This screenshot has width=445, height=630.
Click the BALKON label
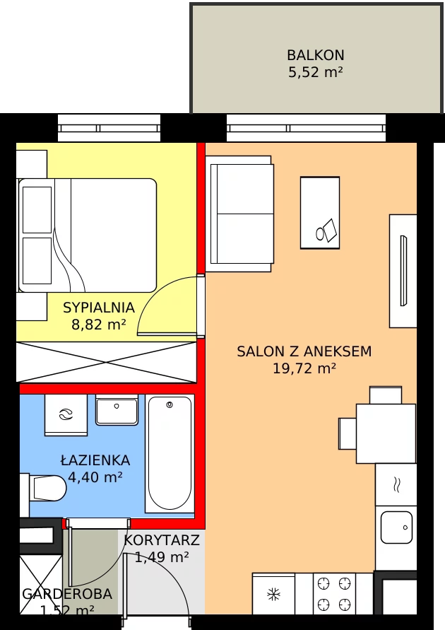click(x=316, y=54)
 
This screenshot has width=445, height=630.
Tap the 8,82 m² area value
click(x=99, y=324)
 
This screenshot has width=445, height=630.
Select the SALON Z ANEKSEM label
click(x=304, y=351)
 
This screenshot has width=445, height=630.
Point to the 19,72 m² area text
click(x=304, y=368)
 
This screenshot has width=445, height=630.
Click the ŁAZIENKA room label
click(x=95, y=460)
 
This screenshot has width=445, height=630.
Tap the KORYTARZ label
click(x=162, y=540)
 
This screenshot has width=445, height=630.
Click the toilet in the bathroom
click(x=43, y=489)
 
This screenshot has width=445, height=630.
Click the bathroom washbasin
click(x=117, y=410)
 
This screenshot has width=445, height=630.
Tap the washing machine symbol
click(x=66, y=414)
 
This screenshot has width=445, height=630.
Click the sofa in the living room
click(x=239, y=214)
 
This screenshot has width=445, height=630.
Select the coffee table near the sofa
click(x=320, y=213)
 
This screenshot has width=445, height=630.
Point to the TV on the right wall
click(x=403, y=271)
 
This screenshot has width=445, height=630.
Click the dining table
click(x=386, y=434)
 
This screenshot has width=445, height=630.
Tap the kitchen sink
click(x=396, y=527)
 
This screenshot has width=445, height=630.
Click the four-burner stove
click(x=334, y=593)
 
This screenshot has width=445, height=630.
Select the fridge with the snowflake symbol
click(x=273, y=593)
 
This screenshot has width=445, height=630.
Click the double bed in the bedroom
click(x=87, y=235)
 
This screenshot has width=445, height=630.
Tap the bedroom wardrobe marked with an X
click(x=107, y=362)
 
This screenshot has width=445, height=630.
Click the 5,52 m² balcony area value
click(x=316, y=72)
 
